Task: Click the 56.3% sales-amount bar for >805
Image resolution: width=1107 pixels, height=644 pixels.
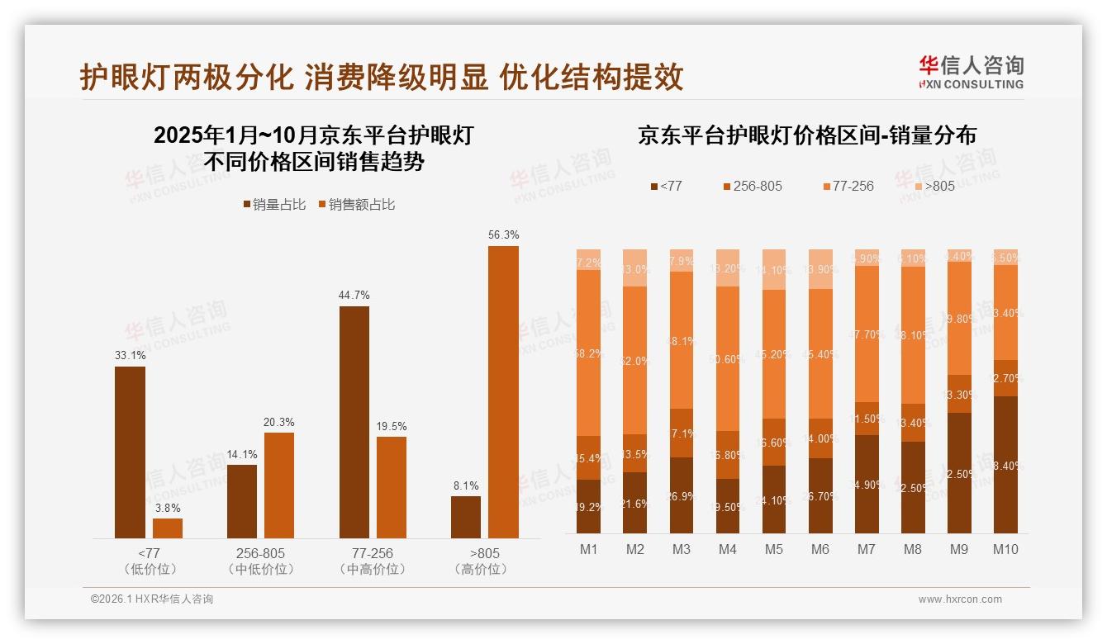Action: click(x=503, y=392)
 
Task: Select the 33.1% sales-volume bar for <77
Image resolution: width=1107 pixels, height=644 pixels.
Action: click(x=130, y=452)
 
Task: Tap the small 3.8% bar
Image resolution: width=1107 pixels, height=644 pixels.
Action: click(x=168, y=528)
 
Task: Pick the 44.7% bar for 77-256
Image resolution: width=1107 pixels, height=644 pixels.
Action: click(x=354, y=422)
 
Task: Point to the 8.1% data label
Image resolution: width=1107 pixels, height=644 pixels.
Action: click(x=466, y=486)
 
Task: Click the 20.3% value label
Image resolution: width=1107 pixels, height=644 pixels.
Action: click(x=279, y=423)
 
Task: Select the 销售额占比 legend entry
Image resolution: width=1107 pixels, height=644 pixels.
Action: click(x=356, y=205)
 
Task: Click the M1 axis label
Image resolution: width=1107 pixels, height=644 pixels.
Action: click(x=589, y=550)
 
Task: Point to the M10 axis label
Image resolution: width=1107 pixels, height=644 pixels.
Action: click(x=1005, y=550)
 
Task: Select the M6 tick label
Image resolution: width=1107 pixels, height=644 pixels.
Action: click(x=820, y=550)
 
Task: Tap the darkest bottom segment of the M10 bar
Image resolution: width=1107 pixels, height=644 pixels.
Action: click(x=1005, y=464)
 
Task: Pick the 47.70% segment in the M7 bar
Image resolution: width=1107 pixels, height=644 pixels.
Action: click(x=867, y=334)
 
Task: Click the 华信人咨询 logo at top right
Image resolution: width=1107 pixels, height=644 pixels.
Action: click(x=971, y=73)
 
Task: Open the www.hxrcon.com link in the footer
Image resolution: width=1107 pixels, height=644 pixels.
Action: click(x=960, y=599)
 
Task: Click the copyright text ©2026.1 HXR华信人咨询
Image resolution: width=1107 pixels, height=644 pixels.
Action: click(x=152, y=599)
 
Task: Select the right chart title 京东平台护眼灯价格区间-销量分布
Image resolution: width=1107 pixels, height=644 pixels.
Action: click(x=806, y=135)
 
